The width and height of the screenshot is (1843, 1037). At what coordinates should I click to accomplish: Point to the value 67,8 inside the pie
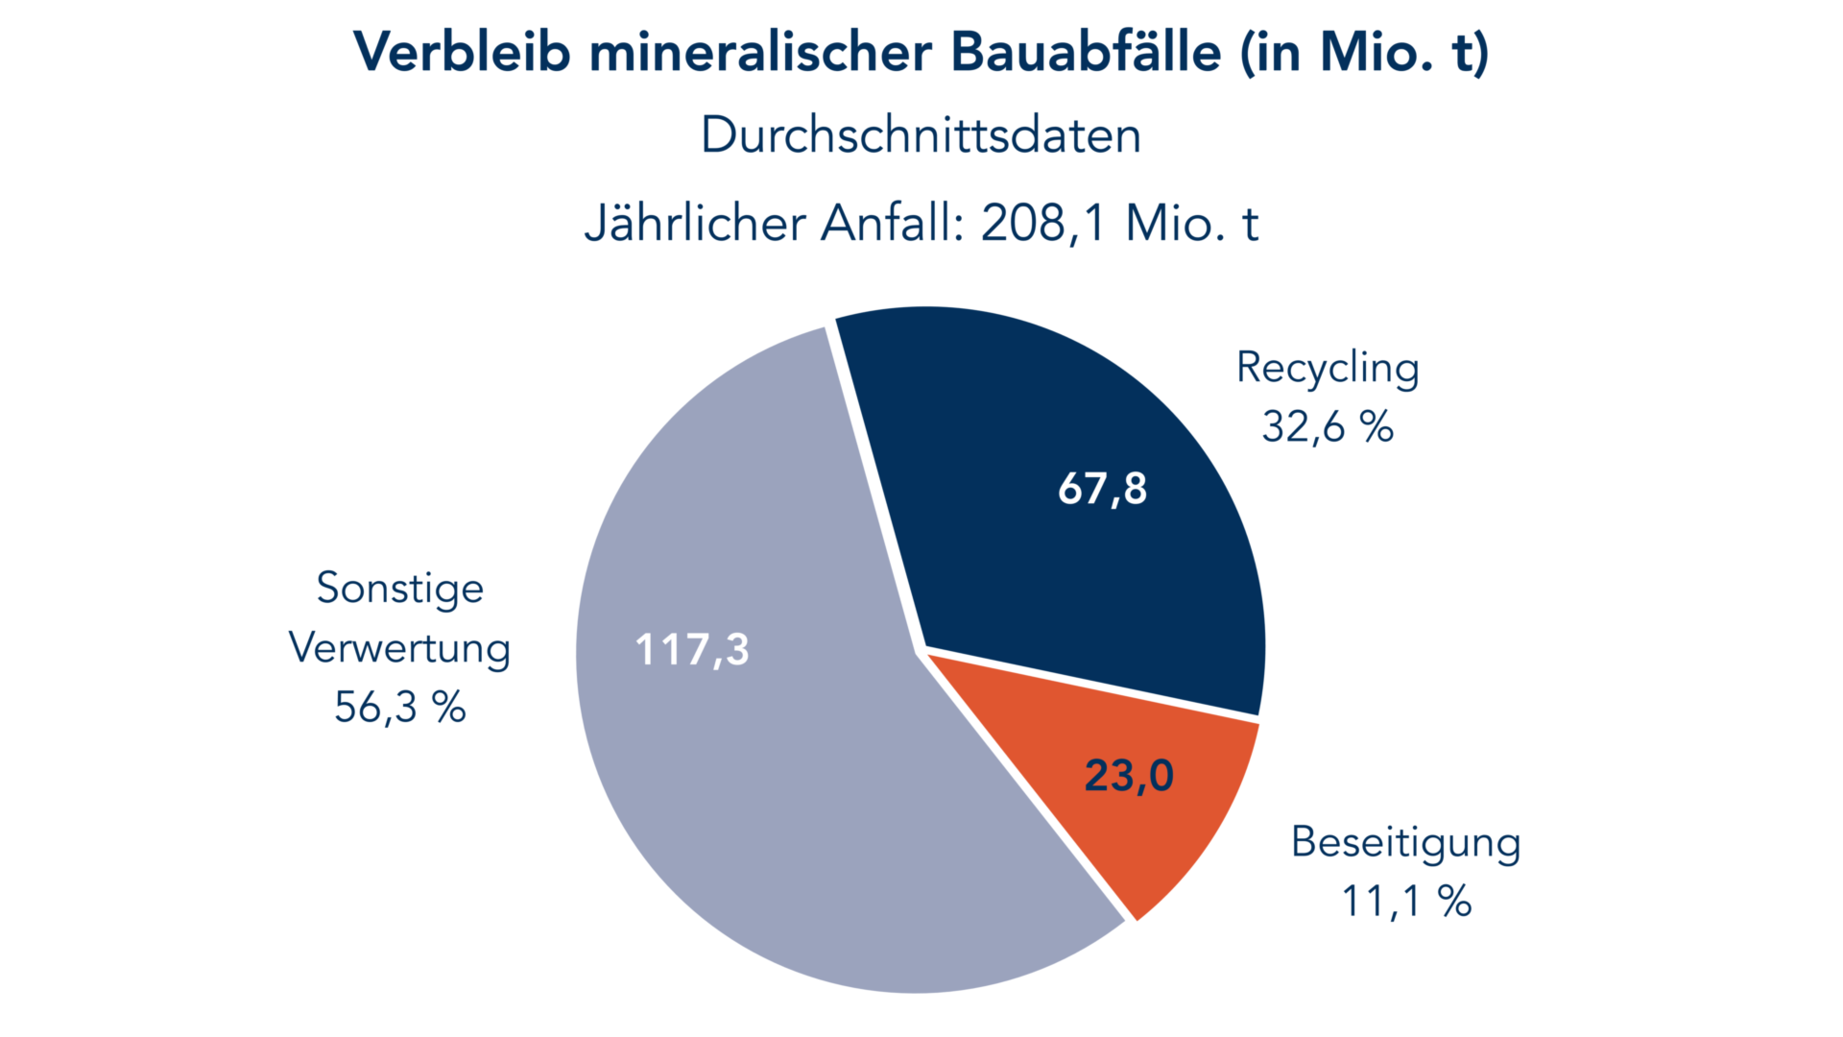tap(1102, 489)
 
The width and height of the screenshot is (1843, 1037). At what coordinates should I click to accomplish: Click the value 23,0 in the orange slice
tap(1129, 776)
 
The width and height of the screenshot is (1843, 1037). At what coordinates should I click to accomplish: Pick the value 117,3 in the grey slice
tap(692, 650)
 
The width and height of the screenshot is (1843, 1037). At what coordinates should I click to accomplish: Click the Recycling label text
tap(1328, 369)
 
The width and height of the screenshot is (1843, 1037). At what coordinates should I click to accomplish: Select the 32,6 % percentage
tap(1328, 427)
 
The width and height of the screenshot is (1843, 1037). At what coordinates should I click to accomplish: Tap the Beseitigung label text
tap(1406, 843)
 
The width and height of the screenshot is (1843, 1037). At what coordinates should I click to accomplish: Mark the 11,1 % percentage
tap(1406, 902)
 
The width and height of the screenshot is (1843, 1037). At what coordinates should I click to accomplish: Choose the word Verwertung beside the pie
tap(400, 648)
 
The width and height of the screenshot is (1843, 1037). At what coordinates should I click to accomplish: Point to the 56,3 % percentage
tap(400, 708)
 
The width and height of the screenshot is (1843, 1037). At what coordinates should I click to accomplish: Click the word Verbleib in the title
tap(462, 52)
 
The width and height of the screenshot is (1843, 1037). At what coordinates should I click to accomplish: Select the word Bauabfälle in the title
tap(1086, 52)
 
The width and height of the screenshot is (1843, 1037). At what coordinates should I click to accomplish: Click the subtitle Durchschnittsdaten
tap(921, 135)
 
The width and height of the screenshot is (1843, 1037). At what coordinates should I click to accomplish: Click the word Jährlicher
tap(695, 224)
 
